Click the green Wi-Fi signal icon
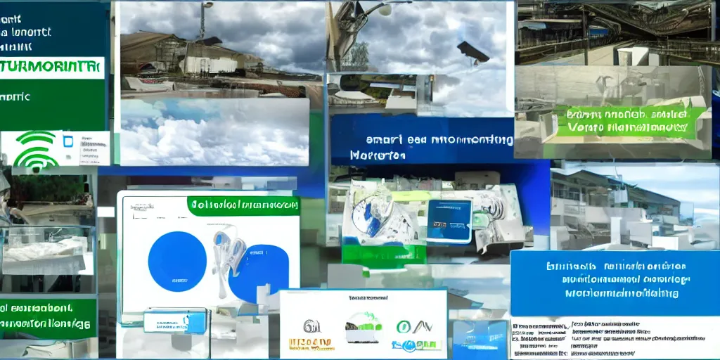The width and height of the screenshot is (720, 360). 36,151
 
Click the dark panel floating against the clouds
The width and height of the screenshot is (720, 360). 472,51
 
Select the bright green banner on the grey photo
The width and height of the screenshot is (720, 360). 628,121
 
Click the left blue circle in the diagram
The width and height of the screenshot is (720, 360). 177,261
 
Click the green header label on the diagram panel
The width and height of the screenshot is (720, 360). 243,206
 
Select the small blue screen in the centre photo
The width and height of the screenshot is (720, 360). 449,220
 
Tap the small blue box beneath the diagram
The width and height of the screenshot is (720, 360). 175,321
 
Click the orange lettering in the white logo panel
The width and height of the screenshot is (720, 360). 311,344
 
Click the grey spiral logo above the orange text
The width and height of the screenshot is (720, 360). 311,326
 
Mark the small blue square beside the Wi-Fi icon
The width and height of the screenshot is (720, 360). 69,141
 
